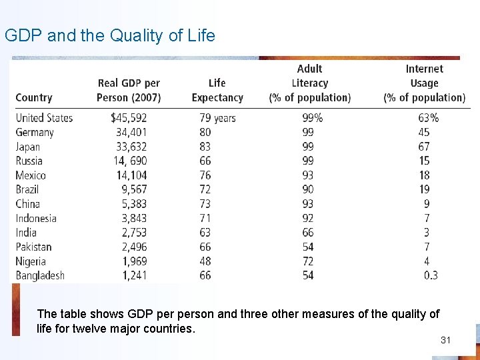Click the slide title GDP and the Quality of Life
point(110,35)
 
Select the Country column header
point(34,97)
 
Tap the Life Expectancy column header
point(217,90)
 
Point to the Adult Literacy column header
point(309,83)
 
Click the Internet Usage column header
point(424,83)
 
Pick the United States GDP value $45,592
point(129,118)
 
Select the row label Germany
point(35,132)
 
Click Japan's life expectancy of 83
point(205,147)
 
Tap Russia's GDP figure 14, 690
point(131,161)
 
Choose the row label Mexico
point(31,175)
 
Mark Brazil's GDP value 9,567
point(133,189)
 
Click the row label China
point(28,204)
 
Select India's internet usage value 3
point(427,233)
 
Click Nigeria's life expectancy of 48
point(205,261)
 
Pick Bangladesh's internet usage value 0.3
point(431,275)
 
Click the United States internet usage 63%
point(428,118)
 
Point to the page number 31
point(446,341)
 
